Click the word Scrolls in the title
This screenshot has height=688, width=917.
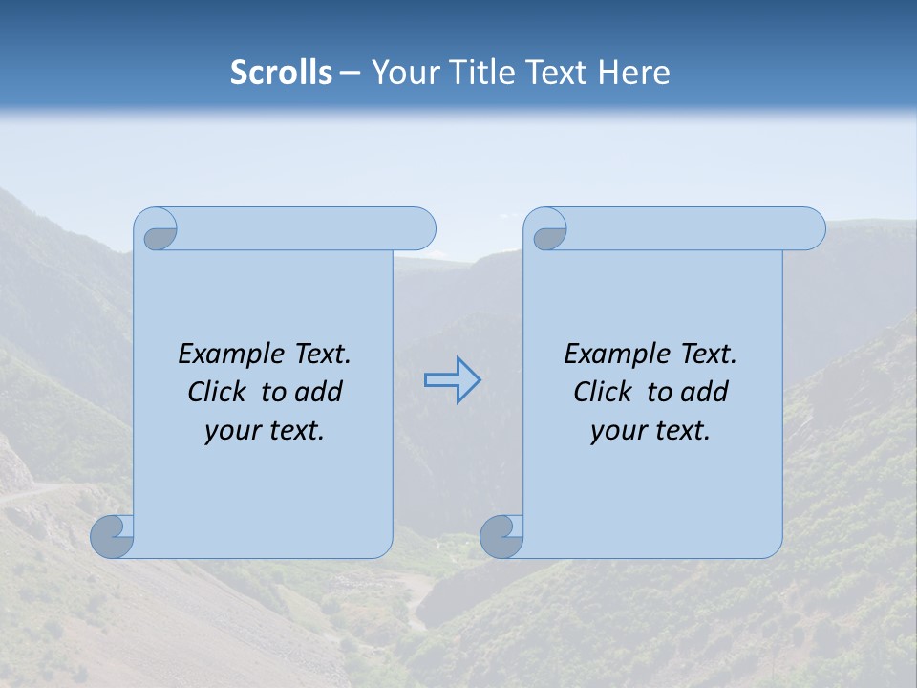click(281, 72)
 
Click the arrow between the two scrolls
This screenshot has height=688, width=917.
click(453, 380)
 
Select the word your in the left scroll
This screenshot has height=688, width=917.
click(232, 430)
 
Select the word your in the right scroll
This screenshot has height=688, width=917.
click(618, 430)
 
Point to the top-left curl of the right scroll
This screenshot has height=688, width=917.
click(548, 232)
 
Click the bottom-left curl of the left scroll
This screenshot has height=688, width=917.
click(113, 536)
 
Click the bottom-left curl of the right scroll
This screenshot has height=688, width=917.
click(501, 536)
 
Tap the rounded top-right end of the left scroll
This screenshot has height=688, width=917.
click(420, 228)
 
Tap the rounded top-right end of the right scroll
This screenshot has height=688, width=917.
click(810, 228)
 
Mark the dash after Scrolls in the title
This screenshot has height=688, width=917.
click(350, 73)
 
